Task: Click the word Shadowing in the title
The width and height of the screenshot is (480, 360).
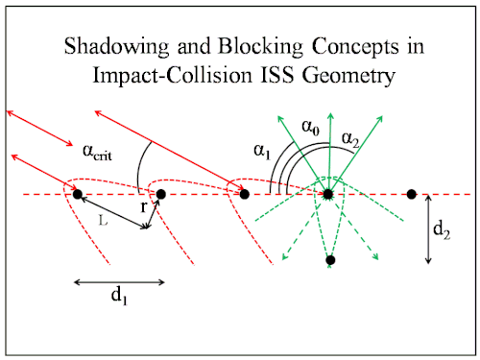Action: click(116, 47)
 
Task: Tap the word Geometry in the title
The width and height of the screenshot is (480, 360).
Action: click(348, 76)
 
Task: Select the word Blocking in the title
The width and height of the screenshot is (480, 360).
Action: click(260, 47)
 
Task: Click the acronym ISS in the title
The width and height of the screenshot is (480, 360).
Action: click(277, 75)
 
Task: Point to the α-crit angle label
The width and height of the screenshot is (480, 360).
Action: click(97, 152)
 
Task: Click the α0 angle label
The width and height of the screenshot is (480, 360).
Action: click(310, 127)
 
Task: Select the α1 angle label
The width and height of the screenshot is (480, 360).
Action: click(262, 151)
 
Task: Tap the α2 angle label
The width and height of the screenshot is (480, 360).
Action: click(350, 139)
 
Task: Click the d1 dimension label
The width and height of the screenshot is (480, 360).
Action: click(119, 295)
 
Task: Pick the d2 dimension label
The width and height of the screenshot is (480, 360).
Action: click(442, 229)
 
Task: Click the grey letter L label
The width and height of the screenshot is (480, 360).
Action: click(103, 220)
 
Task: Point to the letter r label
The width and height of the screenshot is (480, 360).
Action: click(144, 207)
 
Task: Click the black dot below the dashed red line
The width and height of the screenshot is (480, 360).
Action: click(330, 259)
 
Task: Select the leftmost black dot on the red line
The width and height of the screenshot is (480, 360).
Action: click(78, 194)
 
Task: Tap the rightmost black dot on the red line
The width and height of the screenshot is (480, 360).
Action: click(412, 194)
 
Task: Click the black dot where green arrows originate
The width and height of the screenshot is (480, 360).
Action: click(328, 194)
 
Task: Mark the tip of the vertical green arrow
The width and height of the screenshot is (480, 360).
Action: click(331, 112)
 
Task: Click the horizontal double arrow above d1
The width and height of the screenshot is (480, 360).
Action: click(119, 282)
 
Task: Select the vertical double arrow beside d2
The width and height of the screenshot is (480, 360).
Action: click(428, 229)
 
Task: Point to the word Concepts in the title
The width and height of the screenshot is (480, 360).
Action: click(355, 47)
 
